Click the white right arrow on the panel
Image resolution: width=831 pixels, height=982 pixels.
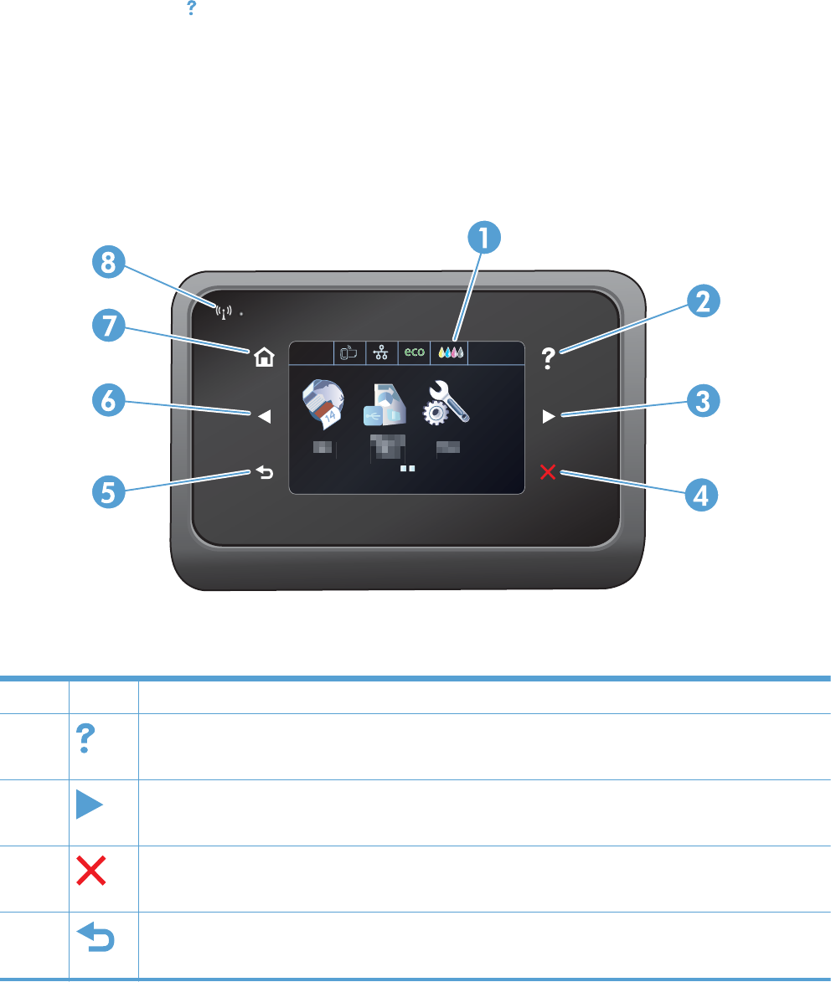point(548,416)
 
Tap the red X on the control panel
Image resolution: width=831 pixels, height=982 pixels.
point(548,473)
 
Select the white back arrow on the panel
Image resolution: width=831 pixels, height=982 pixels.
point(265,474)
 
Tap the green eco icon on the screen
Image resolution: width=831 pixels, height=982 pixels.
point(415,352)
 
